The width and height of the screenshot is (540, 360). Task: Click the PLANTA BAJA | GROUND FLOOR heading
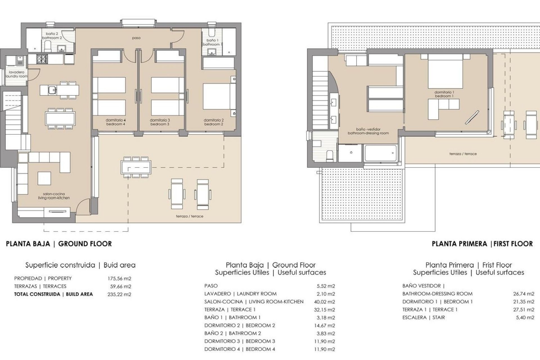59,244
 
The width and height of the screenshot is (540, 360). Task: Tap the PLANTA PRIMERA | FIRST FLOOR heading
482,244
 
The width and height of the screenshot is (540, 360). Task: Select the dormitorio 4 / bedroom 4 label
116,122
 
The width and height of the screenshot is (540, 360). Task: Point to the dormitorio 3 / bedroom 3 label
160,122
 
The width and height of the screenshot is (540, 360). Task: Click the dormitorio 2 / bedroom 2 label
214,122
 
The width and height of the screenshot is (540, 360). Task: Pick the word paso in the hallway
136,38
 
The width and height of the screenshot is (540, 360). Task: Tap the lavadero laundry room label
16,74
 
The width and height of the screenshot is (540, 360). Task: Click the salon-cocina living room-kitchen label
54,196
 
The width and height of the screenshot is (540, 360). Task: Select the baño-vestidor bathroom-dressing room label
368,131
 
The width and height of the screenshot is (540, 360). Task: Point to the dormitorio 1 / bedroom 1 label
444,94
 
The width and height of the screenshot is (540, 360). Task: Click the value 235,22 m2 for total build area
119,294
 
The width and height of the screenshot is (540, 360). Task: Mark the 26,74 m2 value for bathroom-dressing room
523,294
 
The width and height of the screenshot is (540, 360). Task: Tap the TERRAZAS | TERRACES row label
40,286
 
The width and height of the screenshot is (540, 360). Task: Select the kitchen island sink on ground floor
51,90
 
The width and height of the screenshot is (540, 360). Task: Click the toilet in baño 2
48,46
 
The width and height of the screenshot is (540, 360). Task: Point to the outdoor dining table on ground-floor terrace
136,168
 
